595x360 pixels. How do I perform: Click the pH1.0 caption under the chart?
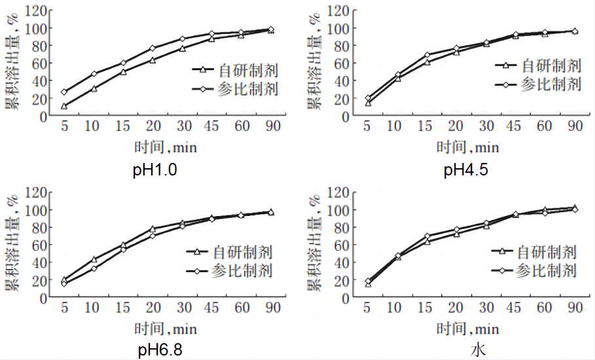156,171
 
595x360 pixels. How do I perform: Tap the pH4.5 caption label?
466,171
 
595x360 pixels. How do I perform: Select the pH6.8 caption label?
160,350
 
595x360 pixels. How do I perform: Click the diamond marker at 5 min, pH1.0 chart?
64,92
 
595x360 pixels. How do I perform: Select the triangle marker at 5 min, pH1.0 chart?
64,106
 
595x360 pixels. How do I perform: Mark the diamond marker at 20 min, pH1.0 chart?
152,48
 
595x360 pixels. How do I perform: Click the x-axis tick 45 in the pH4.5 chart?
516,126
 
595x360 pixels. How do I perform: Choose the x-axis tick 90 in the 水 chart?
575,308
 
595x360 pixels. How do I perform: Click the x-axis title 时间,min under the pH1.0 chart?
166,148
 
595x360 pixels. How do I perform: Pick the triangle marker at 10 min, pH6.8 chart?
94,259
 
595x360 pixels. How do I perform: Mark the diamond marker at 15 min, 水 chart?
427,236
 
